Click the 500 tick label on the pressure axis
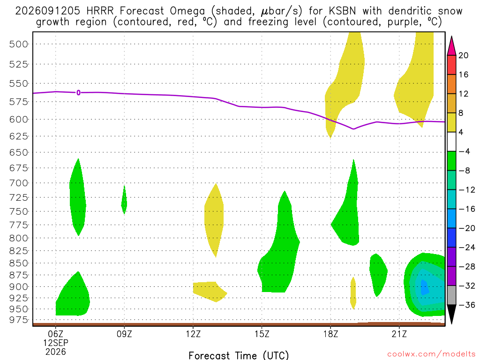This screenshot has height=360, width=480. [18, 44]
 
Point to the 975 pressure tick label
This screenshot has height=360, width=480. [18, 320]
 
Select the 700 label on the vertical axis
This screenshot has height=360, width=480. [18, 183]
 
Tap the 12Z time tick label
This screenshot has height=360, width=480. [193, 333]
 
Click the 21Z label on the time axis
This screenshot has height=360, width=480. [399, 333]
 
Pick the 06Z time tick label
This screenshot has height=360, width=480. [55, 333]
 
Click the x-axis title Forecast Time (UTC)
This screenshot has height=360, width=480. [239, 355]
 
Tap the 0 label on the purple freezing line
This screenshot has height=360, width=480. [79, 92]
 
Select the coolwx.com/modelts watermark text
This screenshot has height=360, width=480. [431, 354]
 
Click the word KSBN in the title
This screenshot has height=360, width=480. [342, 11]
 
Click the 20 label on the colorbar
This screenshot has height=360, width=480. [463, 55]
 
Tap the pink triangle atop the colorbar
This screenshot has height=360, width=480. [451, 46]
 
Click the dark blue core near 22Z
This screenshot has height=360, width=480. [424, 287]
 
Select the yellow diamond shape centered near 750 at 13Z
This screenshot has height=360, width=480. [214, 220]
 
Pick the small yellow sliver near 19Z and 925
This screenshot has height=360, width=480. [353, 293]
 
